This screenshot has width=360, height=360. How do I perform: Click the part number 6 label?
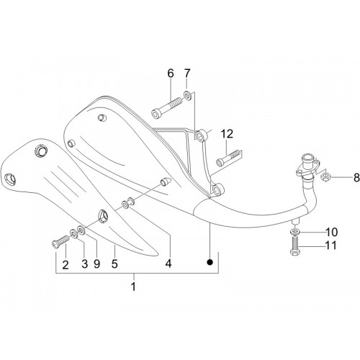(x=171, y=73)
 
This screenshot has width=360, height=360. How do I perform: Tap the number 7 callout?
(x=187, y=73)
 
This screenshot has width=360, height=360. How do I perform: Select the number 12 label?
(x=227, y=134)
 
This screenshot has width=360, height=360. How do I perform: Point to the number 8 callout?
(x=356, y=178)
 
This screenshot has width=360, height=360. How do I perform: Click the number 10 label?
(x=331, y=232)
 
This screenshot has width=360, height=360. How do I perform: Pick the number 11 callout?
(x=331, y=246)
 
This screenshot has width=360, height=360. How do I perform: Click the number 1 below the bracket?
(x=133, y=287)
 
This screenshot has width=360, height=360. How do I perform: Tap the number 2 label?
(x=66, y=265)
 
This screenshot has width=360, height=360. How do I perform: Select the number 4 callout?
(x=168, y=264)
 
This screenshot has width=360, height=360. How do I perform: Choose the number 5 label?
(x=114, y=264)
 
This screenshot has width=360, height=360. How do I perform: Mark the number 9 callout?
(x=96, y=264)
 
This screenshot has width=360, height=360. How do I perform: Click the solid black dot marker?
(x=210, y=262)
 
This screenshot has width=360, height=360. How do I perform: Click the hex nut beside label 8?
(x=326, y=178)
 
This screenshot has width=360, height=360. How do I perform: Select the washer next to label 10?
(x=295, y=232)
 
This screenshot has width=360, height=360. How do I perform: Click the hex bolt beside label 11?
(x=295, y=246)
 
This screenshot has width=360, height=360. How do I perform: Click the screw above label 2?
(x=60, y=241)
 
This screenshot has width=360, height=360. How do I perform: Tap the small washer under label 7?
(x=188, y=96)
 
